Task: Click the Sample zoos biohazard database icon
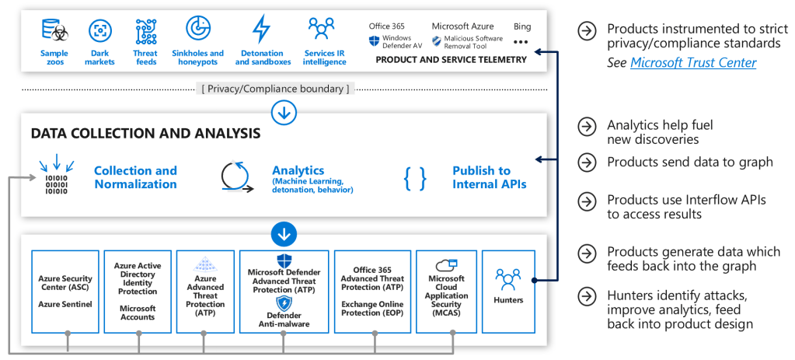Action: point(54,31)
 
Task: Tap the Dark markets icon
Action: point(99,31)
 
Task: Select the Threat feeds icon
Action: point(145,31)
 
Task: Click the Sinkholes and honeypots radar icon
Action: point(197,28)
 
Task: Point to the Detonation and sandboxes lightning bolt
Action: point(262,30)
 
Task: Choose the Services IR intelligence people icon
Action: point(321,29)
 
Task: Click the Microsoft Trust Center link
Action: point(693,63)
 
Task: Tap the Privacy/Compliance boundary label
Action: point(275,89)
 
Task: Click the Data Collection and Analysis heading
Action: point(145,134)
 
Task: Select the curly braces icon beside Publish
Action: point(415,178)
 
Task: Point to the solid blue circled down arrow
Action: point(283,232)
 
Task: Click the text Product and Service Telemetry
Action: point(451,60)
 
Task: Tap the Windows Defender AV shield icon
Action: point(375,41)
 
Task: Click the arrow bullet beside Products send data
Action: point(588,162)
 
